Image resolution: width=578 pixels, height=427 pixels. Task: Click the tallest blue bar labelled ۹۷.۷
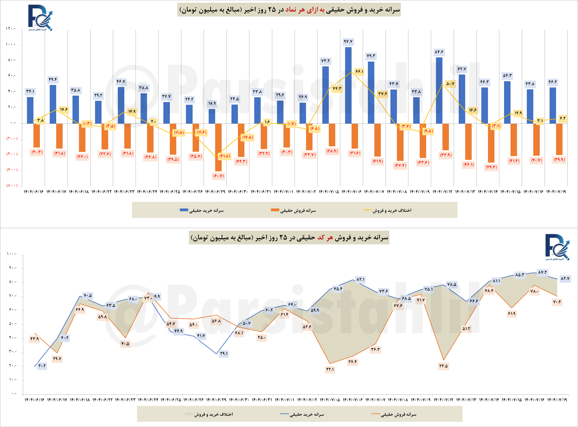tap(348, 85)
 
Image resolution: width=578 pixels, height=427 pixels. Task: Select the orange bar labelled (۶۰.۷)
tap(218, 147)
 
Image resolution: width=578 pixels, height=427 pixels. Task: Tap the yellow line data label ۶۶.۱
tap(359, 71)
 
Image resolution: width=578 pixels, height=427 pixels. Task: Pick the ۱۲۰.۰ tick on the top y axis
tap(11, 29)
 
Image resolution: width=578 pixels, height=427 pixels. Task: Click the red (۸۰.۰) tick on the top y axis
tap(12, 185)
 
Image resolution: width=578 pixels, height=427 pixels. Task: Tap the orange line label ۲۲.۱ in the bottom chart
tap(330, 369)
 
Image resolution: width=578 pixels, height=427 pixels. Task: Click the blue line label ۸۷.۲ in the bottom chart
tap(542, 272)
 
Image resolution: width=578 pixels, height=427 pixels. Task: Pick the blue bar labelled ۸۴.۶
tap(439, 90)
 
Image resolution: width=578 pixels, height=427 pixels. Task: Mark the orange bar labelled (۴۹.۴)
tap(491, 143)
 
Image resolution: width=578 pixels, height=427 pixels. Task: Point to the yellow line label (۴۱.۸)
tap(225, 156)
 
